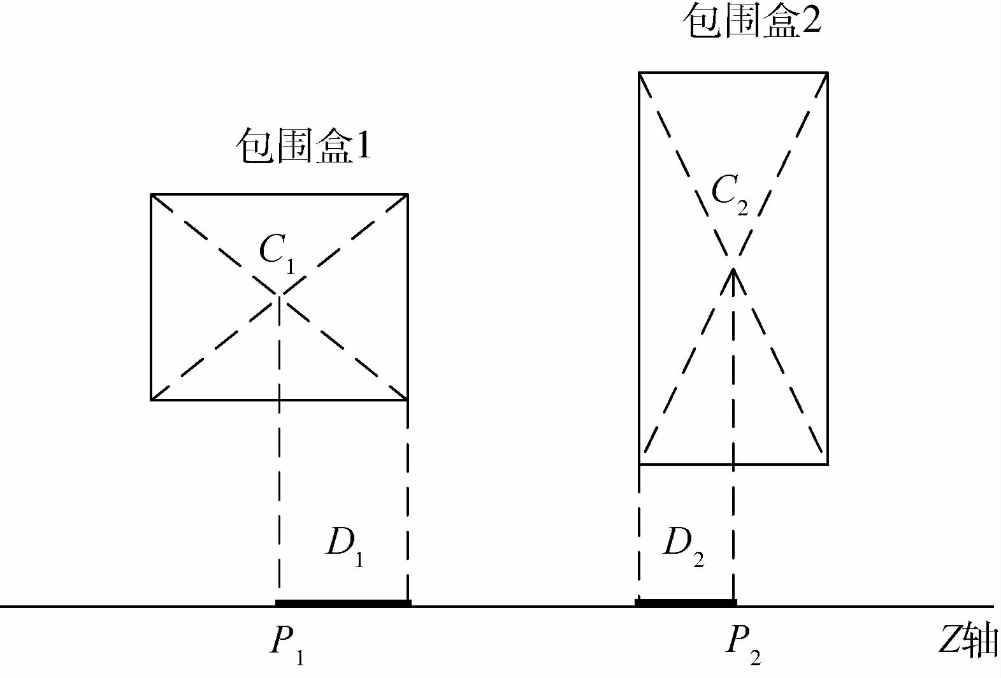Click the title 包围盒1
[x=303, y=147]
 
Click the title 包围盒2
[x=752, y=20]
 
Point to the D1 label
[x=345, y=545]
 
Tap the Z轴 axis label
[x=967, y=640]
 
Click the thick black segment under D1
[x=343, y=602]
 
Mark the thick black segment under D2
[x=686, y=602]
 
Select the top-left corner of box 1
[x=151, y=194]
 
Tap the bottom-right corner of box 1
[x=407, y=400]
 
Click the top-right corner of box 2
[x=827, y=73]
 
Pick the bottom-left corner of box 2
[x=640, y=465]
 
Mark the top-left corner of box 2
[x=640, y=73]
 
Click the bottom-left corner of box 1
[x=151, y=400]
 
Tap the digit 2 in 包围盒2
[x=811, y=20]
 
